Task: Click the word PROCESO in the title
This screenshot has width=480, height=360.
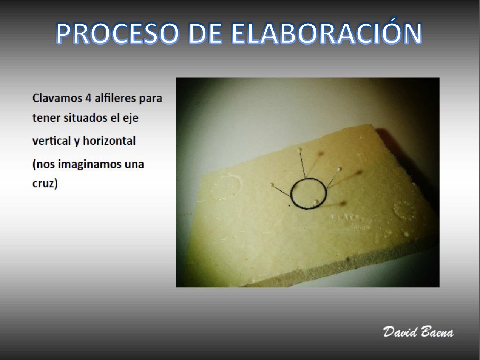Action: [x=117, y=33]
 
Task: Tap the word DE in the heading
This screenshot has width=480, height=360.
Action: [x=205, y=33]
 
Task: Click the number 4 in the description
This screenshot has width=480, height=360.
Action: [x=88, y=98]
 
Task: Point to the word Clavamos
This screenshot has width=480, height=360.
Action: [x=57, y=98]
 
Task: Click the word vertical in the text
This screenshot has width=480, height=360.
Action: [x=52, y=141]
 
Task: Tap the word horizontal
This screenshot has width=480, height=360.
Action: [x=110, y=141]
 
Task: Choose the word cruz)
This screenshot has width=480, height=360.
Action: [x=45, y=184]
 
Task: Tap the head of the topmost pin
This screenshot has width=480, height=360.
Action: [x=300, y=150]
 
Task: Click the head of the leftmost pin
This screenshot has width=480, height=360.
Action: [x=272, y=185]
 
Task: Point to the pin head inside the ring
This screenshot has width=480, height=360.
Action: [x=316, y=202]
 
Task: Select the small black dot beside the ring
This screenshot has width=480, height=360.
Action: [x=290, y=205]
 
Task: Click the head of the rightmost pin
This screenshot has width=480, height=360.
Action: [x=340, y=169]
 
